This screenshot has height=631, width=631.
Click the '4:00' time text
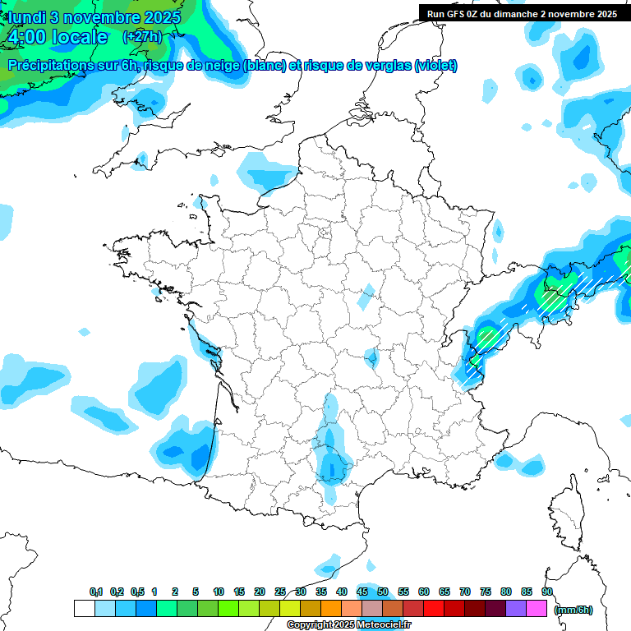click(25, 38)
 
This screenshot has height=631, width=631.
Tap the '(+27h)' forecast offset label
click(141, 37)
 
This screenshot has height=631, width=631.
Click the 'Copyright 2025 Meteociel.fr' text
click(348, 625)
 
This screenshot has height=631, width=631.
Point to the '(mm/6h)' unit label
click(573, 610)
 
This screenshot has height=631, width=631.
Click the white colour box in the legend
click(84, 609)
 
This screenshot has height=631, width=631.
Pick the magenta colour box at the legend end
click(537, 609)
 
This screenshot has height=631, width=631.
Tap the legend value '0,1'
click(95, 592)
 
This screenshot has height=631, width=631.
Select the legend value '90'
click(547, 592)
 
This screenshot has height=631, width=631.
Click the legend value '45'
click(362, 592)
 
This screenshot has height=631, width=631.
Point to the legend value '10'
click(219, 592)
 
